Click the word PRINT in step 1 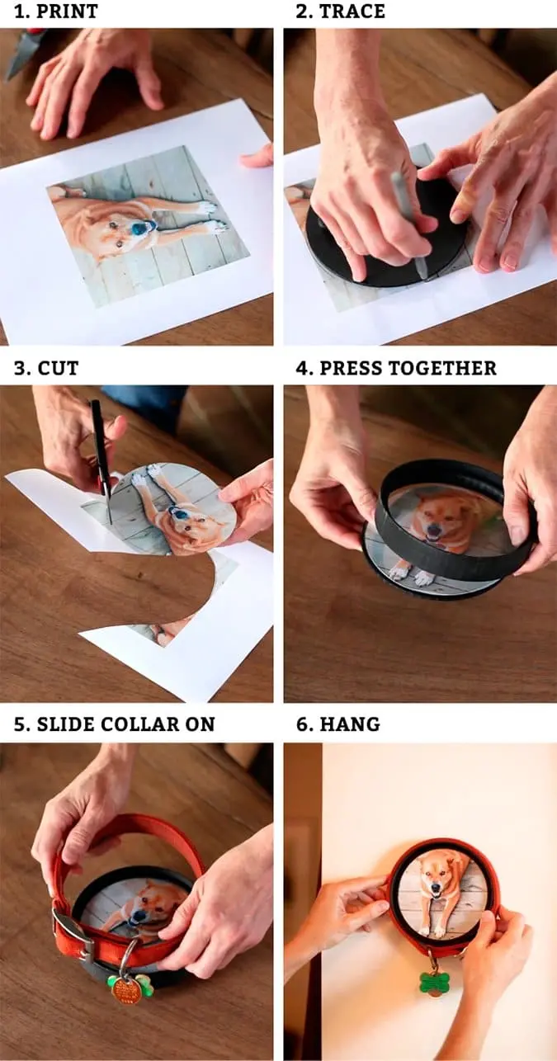[67, 12]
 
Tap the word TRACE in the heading [352, 12]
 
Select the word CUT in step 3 [58, 368]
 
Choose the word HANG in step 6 [350, 724]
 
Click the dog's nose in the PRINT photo [139, 229]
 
